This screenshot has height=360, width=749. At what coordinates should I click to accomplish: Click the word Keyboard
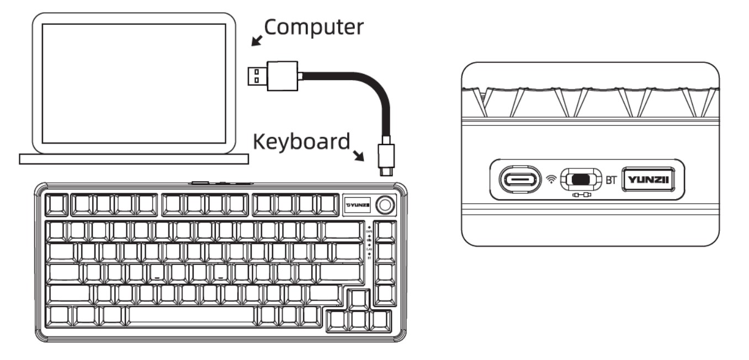301,142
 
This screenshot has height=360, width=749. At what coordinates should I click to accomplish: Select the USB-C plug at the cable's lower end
386,159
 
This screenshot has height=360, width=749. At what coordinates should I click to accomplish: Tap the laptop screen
134,83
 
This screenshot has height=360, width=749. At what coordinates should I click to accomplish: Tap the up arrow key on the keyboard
358,299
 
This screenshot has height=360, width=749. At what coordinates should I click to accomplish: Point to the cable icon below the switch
581,195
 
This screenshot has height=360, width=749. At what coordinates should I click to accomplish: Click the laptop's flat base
134,159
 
